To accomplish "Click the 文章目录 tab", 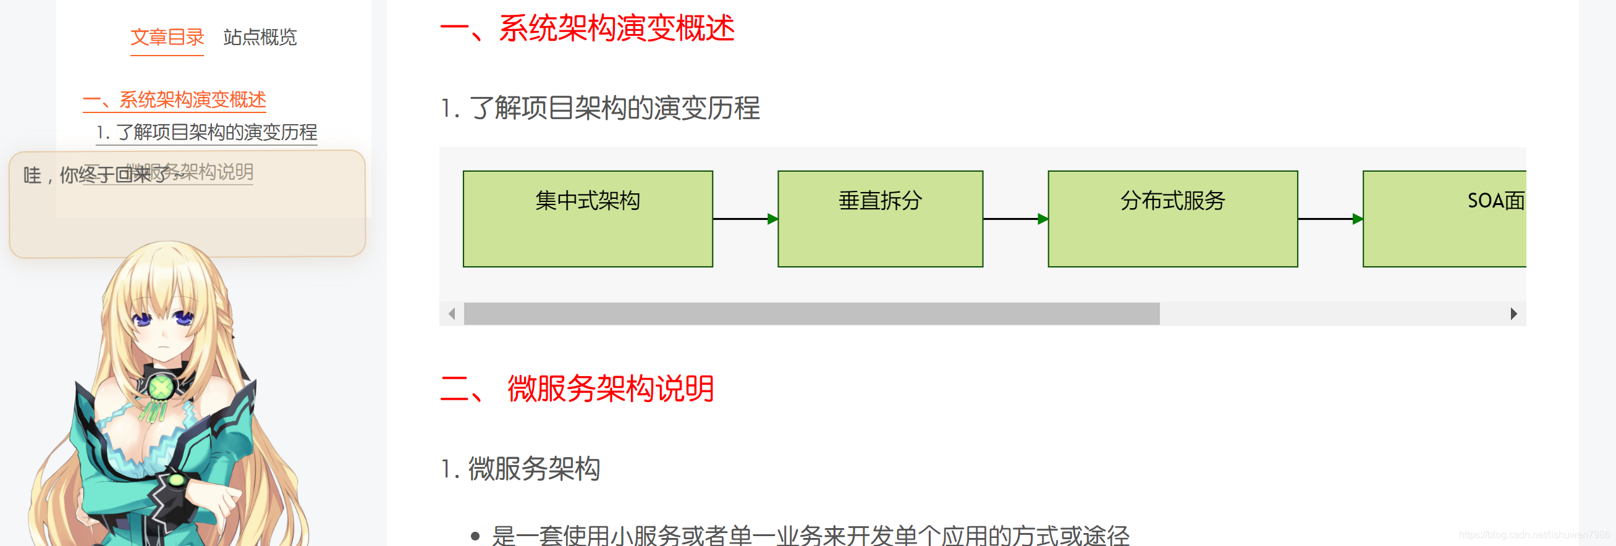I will click(167, 38).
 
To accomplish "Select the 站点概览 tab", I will click(260, 38).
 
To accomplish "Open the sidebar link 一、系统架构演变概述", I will click(174, 99).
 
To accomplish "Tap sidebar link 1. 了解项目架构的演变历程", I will click(206, 132).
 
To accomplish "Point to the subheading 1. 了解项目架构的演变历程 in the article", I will click(600, 108).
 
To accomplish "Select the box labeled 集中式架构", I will click(588, 219).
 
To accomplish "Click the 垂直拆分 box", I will click(880, 219).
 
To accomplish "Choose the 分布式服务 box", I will click(1172, 219).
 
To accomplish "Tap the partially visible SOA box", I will click(1444, 219).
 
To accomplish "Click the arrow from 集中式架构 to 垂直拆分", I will click(745, 219).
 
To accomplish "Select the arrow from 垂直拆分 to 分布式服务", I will click(1015, 219).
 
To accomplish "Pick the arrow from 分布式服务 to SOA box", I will click(1330, 219).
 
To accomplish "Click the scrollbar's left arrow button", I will click(452, 313).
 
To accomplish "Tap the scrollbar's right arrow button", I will click(1513, 313).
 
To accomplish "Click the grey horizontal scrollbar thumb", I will click(812, 313).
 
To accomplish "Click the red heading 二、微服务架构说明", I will click(577, 388).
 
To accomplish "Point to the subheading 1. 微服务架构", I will click(520, 468).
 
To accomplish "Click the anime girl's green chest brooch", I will click(161, 387).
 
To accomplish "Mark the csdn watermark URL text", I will click(1534, 535).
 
